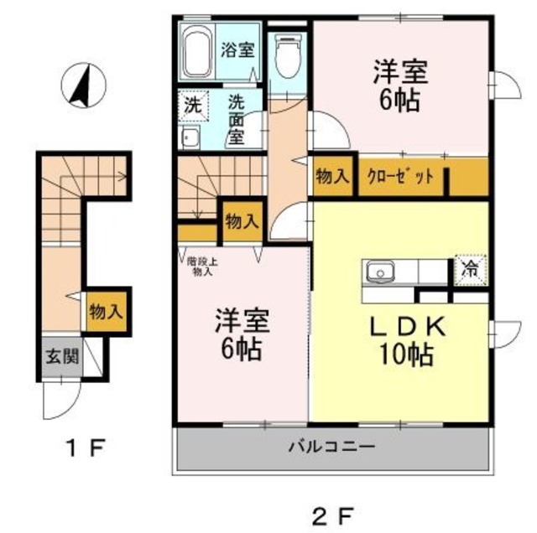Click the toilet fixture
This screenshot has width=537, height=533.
(287, 55)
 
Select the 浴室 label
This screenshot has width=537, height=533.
(237, 49)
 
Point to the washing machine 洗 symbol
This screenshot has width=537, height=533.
(193, 106)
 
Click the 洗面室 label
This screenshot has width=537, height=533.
(237, 118)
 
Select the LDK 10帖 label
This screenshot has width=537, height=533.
(401, 341)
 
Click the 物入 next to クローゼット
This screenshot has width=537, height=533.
(332, 177)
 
